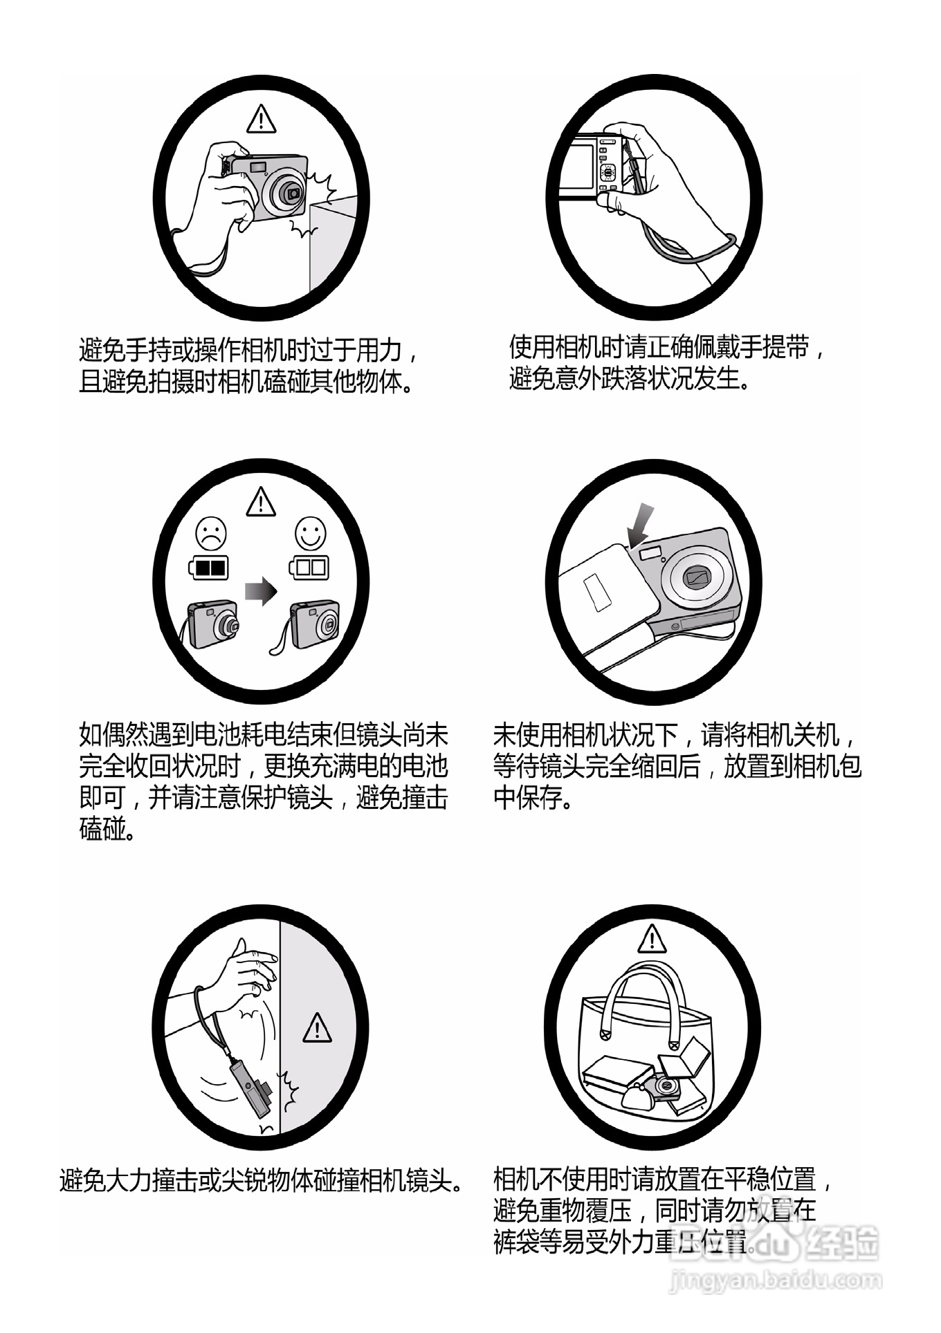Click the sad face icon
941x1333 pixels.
(x=212, y=534)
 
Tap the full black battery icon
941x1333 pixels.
(x=209, y=568)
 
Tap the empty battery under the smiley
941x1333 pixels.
(x=309, y=568)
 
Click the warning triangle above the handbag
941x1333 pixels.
(x=651, y=940)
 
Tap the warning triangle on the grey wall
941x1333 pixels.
(x=317, y=1028)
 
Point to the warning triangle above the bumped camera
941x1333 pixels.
(x=261, y=119)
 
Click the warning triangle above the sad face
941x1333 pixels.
(x=261, y=502)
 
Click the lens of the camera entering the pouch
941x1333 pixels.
(x=695, y=575)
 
